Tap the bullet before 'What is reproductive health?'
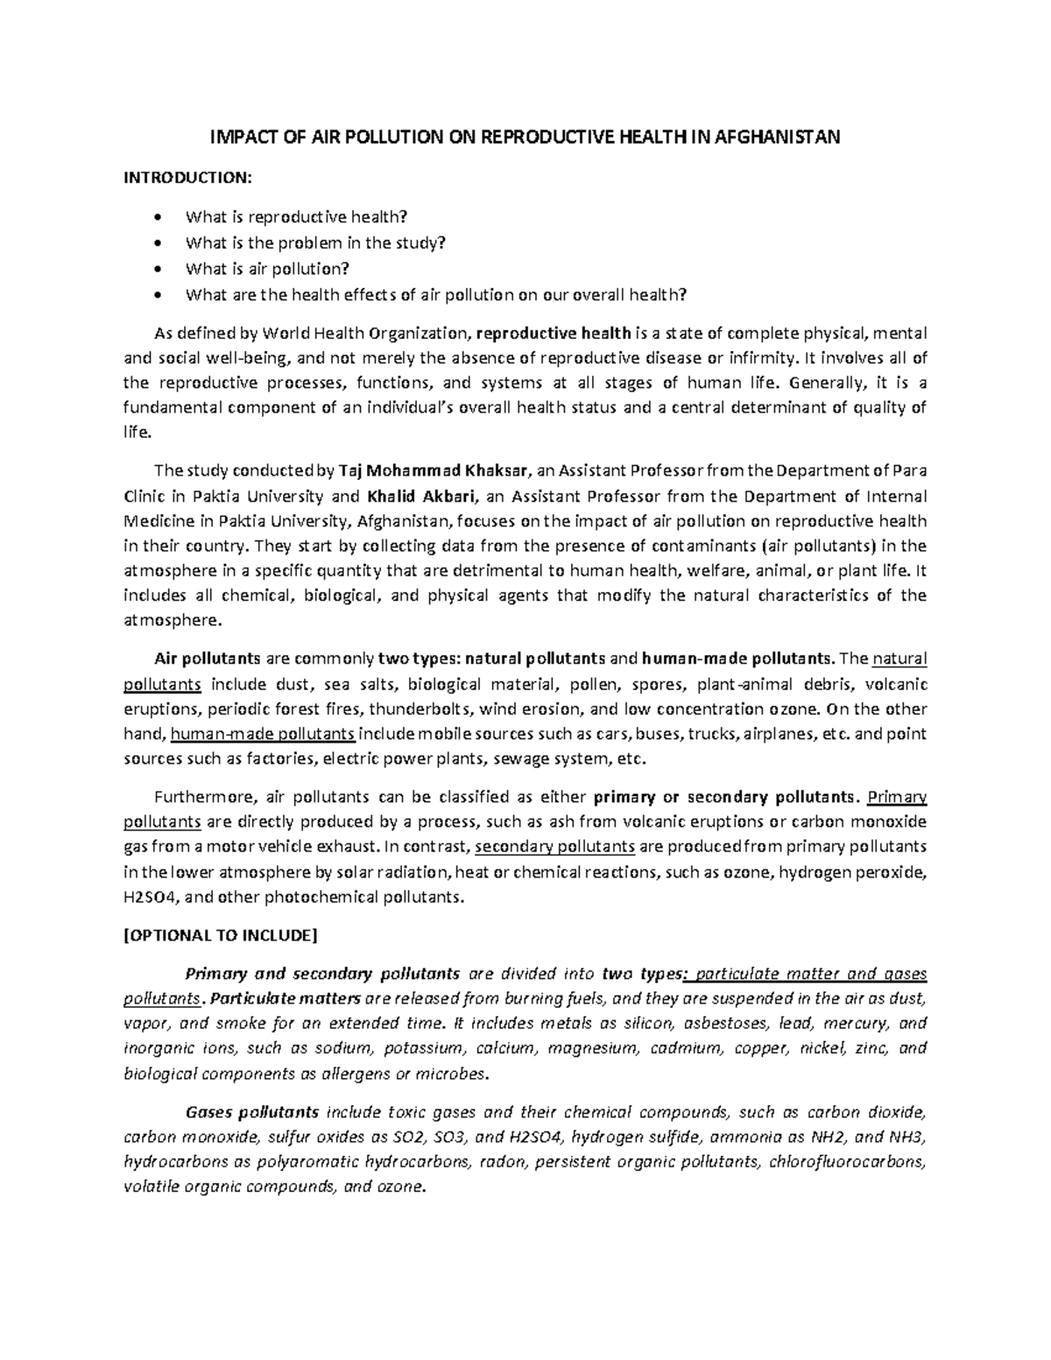coord(158,217)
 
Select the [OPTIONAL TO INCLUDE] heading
coord(219,935)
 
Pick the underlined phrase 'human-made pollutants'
coord(263,734)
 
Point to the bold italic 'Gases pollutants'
coord(252,1113)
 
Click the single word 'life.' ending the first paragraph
coord(138,433)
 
